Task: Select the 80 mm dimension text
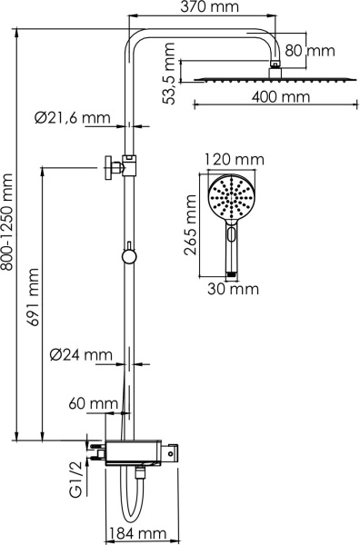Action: click(x=309, y=51)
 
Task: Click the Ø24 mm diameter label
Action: click(x=81, y=354)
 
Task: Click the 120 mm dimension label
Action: click(x=235, y=161)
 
